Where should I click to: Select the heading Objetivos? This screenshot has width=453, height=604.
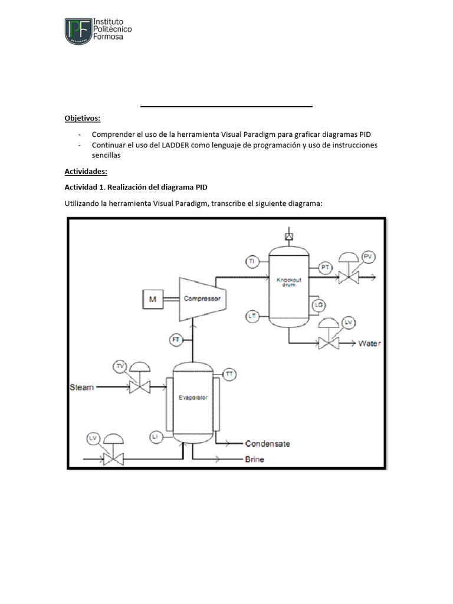click(x=83, y=118)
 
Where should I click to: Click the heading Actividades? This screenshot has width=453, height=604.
click(x=86, y=172)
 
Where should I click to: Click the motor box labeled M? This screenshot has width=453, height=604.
click(x=153, y=300)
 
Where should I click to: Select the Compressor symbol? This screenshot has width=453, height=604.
click(x=202, y=298)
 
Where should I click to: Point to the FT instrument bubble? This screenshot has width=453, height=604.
click(x=176, y=340)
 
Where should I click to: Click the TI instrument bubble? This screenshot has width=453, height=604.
click(x=251, y=261)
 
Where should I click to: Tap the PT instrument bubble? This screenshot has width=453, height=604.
click(x=325, y=267)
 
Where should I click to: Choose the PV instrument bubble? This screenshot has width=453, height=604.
click(x=369, y=256)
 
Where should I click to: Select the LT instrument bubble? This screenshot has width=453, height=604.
click(x=252, y=316)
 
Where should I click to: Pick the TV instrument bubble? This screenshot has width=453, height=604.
click(x=120, y=366)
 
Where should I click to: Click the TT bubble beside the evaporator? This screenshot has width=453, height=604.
click(x=229, y=374)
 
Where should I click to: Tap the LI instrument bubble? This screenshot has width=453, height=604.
click(x=155, y=436)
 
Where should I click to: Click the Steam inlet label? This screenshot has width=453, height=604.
click(x=81, y=388)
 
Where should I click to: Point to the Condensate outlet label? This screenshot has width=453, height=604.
click(x=267, y=444)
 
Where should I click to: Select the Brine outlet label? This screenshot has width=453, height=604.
click(x=254, y=459)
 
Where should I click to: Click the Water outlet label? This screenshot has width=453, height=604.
click(x=370, y=343)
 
